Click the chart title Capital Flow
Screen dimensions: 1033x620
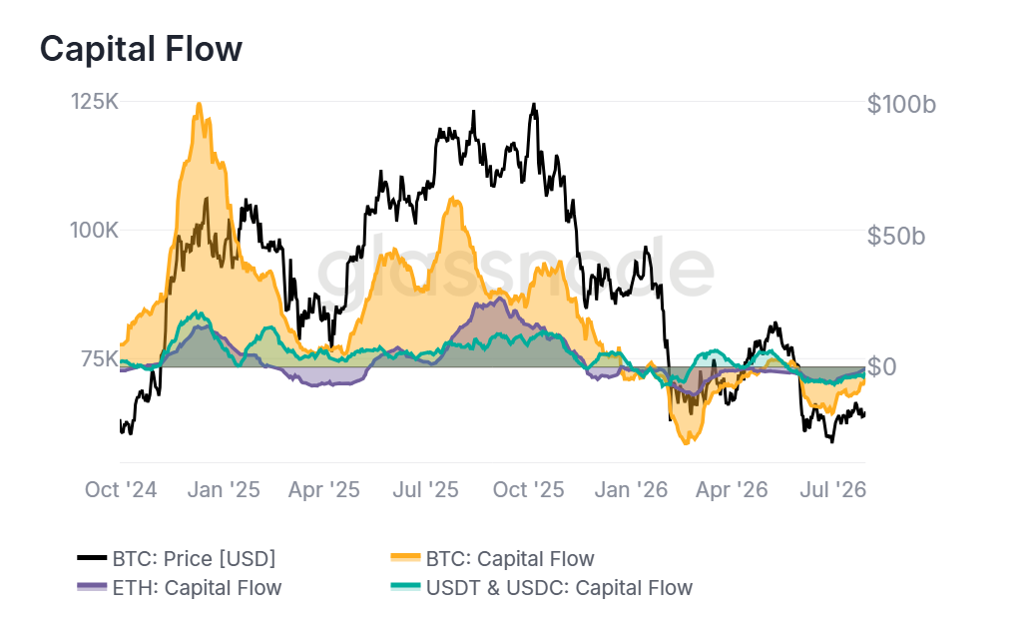point(141,49)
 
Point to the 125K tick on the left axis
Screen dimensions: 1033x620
point(95,102)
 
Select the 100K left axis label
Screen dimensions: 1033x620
point(95,231)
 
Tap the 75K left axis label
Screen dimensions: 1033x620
point(100,359)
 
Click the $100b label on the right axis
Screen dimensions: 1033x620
point(901,104)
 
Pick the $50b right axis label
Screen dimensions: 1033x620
point(896,236)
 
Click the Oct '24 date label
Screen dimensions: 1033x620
point(121,489)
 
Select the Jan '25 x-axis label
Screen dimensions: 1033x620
point(224,489)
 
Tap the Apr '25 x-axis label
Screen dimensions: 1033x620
point(324,489)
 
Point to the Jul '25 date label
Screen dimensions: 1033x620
point(425,489)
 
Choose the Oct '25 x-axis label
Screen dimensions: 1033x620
point(528,489)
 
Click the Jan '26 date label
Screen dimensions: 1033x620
point(631,489)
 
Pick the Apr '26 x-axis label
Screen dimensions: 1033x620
point(732,489)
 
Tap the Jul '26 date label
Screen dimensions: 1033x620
point(832,489)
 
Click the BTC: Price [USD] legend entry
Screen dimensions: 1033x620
point(177,559)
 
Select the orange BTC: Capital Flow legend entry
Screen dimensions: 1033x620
point(493,559)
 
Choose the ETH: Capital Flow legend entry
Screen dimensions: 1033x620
point(180,588)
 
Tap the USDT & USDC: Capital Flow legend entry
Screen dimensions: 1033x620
point(542,588)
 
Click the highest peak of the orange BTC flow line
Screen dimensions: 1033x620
point(199,104)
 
